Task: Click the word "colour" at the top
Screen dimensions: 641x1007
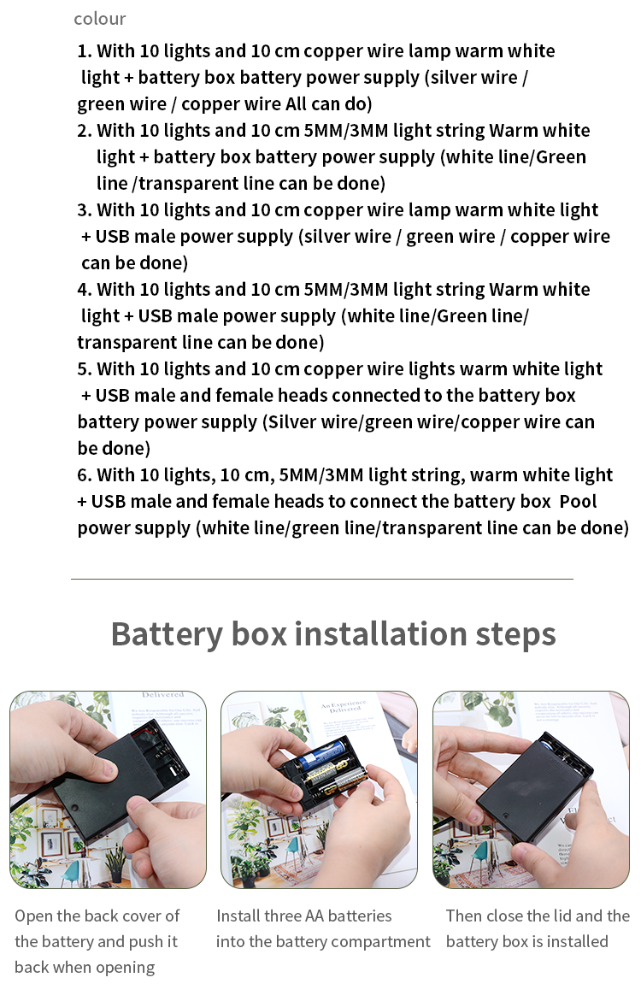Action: [x=99, y=19]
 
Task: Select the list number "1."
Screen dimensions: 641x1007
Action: [x=85, y=50]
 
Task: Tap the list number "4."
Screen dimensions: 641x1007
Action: [x=85, y=290]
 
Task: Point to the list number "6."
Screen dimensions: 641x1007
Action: [x=85, y=475]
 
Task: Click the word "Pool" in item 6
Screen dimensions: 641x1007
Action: [x=578, y=502]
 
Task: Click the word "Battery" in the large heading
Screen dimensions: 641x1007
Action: [x=167, y=634]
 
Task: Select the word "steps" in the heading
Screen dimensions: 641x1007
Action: [x=515, y=635]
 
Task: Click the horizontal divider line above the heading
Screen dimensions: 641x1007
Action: [x=322, y=580]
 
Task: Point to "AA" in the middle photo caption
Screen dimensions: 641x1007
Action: [x=314, y=916]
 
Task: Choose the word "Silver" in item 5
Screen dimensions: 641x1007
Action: [x=291, y=422]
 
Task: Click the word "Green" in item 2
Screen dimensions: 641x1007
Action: [x=562, y=157]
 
